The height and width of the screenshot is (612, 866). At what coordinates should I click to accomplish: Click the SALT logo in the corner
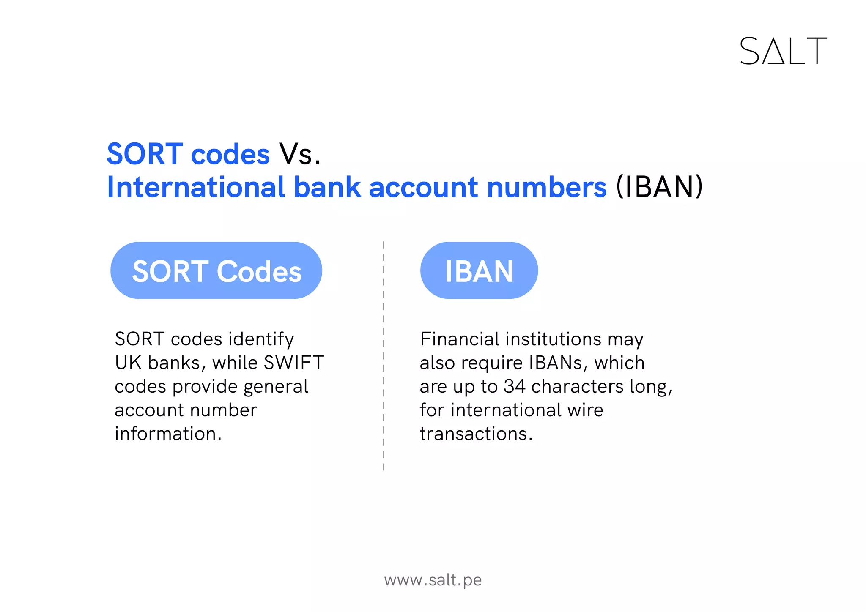point(783,51)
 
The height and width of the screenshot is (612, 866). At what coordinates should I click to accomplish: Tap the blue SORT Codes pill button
point(216,270)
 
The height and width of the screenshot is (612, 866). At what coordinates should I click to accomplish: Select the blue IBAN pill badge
point(479,270)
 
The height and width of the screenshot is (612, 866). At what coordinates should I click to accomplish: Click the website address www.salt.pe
point(433,580)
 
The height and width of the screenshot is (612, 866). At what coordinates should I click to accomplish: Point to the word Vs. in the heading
point(299,154)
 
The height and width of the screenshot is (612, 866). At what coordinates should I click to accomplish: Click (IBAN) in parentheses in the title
point(659,187)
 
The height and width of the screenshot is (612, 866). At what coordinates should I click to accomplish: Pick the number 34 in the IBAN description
point(514,386)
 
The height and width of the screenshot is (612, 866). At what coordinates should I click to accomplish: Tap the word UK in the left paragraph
point(128,363)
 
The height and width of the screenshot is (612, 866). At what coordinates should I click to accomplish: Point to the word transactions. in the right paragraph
point(476,434)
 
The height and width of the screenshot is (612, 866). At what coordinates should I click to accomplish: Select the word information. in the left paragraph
point(168,434)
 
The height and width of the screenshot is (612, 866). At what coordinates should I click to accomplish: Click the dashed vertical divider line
point(383,355)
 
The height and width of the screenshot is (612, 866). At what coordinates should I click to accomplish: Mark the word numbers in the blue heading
point(546,187)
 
